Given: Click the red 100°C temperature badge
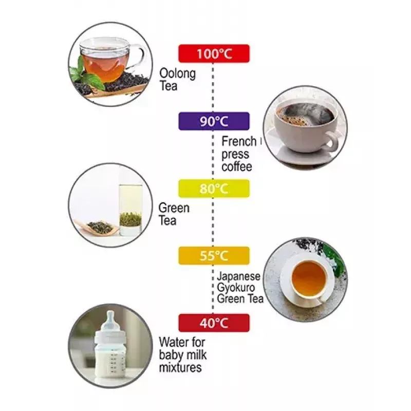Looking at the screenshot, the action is click(x=214, y=53).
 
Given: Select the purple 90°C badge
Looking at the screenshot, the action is click(x=214, y=121).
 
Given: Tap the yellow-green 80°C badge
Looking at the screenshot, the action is click(x=214, y=188).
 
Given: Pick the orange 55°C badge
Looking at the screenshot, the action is click(x=214, y=255).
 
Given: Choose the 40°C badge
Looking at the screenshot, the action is click(x=214, y=323).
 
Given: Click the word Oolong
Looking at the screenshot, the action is click(x=177, y=73).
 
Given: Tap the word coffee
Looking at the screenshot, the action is click(x=236, y=166).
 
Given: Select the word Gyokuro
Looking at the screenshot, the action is click(x=236, y=288).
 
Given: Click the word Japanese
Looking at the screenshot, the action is click(x=238, y=276).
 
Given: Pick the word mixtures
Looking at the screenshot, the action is click(x=180, y=367).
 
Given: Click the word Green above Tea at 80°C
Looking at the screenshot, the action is click(x=174, y=208).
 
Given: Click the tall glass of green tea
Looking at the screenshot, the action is click(x=130, y=210).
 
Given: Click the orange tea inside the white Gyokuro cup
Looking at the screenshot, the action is click(x=309, y=278).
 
